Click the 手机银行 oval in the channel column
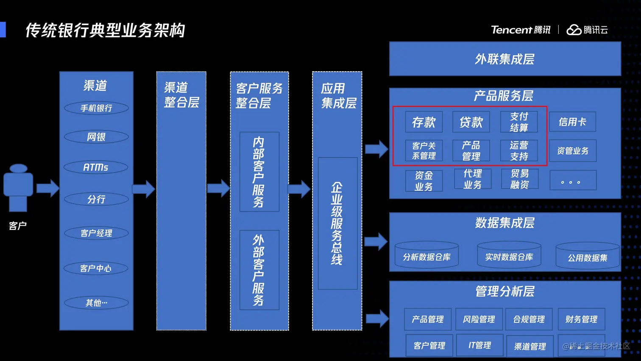[96, 108]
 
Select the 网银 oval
[96, 137]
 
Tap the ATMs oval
[96, 167]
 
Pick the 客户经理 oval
[96, 233]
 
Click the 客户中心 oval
[96, 268]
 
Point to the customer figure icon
[18, 187]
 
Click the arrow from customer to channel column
[47, 188]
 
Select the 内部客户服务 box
[259, 172]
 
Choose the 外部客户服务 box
[259, 270]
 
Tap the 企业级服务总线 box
[337, 223]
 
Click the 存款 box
[424, 122]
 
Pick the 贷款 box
[471, 122]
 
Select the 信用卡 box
[572, 122]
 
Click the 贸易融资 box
[519, 179]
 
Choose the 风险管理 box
[479, 319]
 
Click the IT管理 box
[479, 345]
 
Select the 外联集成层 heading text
[504, 59]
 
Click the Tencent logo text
[511, 30]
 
